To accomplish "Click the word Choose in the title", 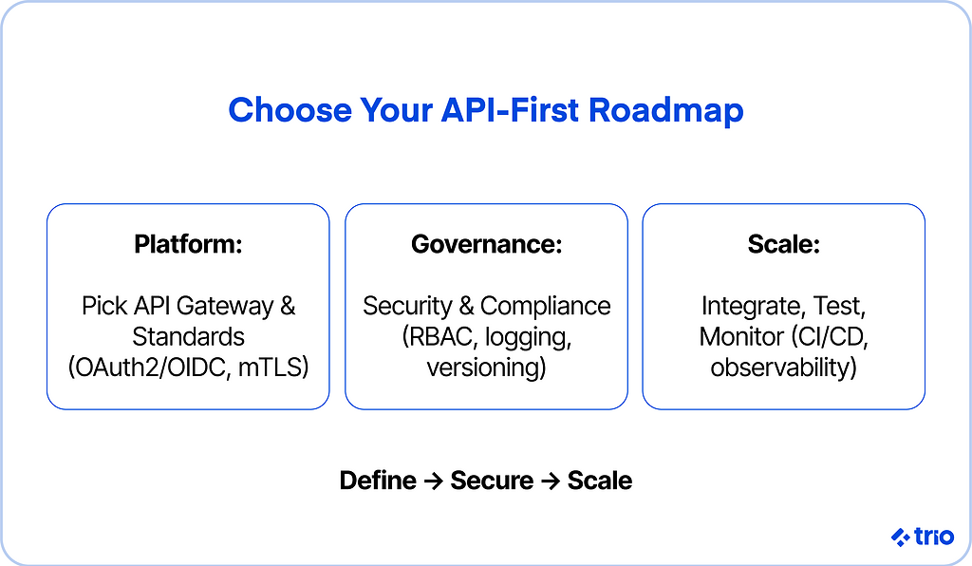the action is click(x=290, y=110).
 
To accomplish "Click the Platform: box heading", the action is click(x=188, y=244).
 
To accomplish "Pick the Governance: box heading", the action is click(x=487, y=244).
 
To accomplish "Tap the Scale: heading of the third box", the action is click(x=783, y=244).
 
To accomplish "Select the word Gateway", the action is click(x=225, y=306).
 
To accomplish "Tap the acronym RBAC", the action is click(x=439, y=336).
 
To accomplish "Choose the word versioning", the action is click(x=487, y=368).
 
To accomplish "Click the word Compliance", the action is click(x=546, y=306).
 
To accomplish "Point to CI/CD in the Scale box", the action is click(x=830, y=336).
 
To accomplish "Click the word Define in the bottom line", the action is click(x=378, y=481).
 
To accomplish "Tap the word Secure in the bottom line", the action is click(x=492, y=481).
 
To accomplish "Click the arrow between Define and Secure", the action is click(x=433, y=481).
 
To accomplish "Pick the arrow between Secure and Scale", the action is click(x=551, y=481).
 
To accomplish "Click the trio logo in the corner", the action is click(x=923, y=537).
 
